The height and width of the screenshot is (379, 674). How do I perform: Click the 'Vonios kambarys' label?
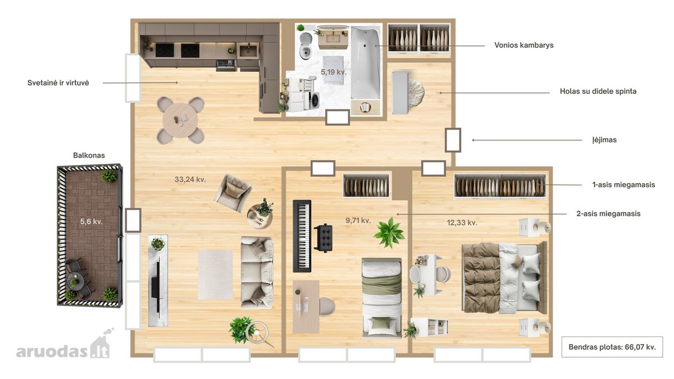(524, 45)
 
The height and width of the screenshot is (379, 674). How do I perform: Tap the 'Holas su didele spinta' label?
(598, 92)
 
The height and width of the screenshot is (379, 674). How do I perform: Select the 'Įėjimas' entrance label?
(604, 140)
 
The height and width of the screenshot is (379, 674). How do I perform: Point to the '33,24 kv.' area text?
(190, 180)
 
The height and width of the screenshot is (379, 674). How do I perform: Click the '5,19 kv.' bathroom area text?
(334, 72)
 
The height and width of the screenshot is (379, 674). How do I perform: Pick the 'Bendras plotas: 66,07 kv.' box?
(612, 347)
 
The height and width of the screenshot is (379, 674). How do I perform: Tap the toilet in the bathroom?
(306, 46)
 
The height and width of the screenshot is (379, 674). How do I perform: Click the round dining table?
(180, 120)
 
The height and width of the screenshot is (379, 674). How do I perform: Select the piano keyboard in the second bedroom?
(302, 236)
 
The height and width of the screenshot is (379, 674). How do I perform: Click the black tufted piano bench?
(323, 238)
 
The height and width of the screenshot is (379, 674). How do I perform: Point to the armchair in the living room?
(233, 193)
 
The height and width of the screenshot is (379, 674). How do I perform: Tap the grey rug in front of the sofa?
(215, 275)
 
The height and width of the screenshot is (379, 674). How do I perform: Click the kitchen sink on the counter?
(248, 51)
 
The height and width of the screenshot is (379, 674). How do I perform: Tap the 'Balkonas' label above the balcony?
(89, 156)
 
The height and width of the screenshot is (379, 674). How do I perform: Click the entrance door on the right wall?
(453, 140)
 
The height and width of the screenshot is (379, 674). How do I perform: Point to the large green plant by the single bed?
(389, 233)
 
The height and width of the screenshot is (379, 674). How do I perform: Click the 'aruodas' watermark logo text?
(52, 351)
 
